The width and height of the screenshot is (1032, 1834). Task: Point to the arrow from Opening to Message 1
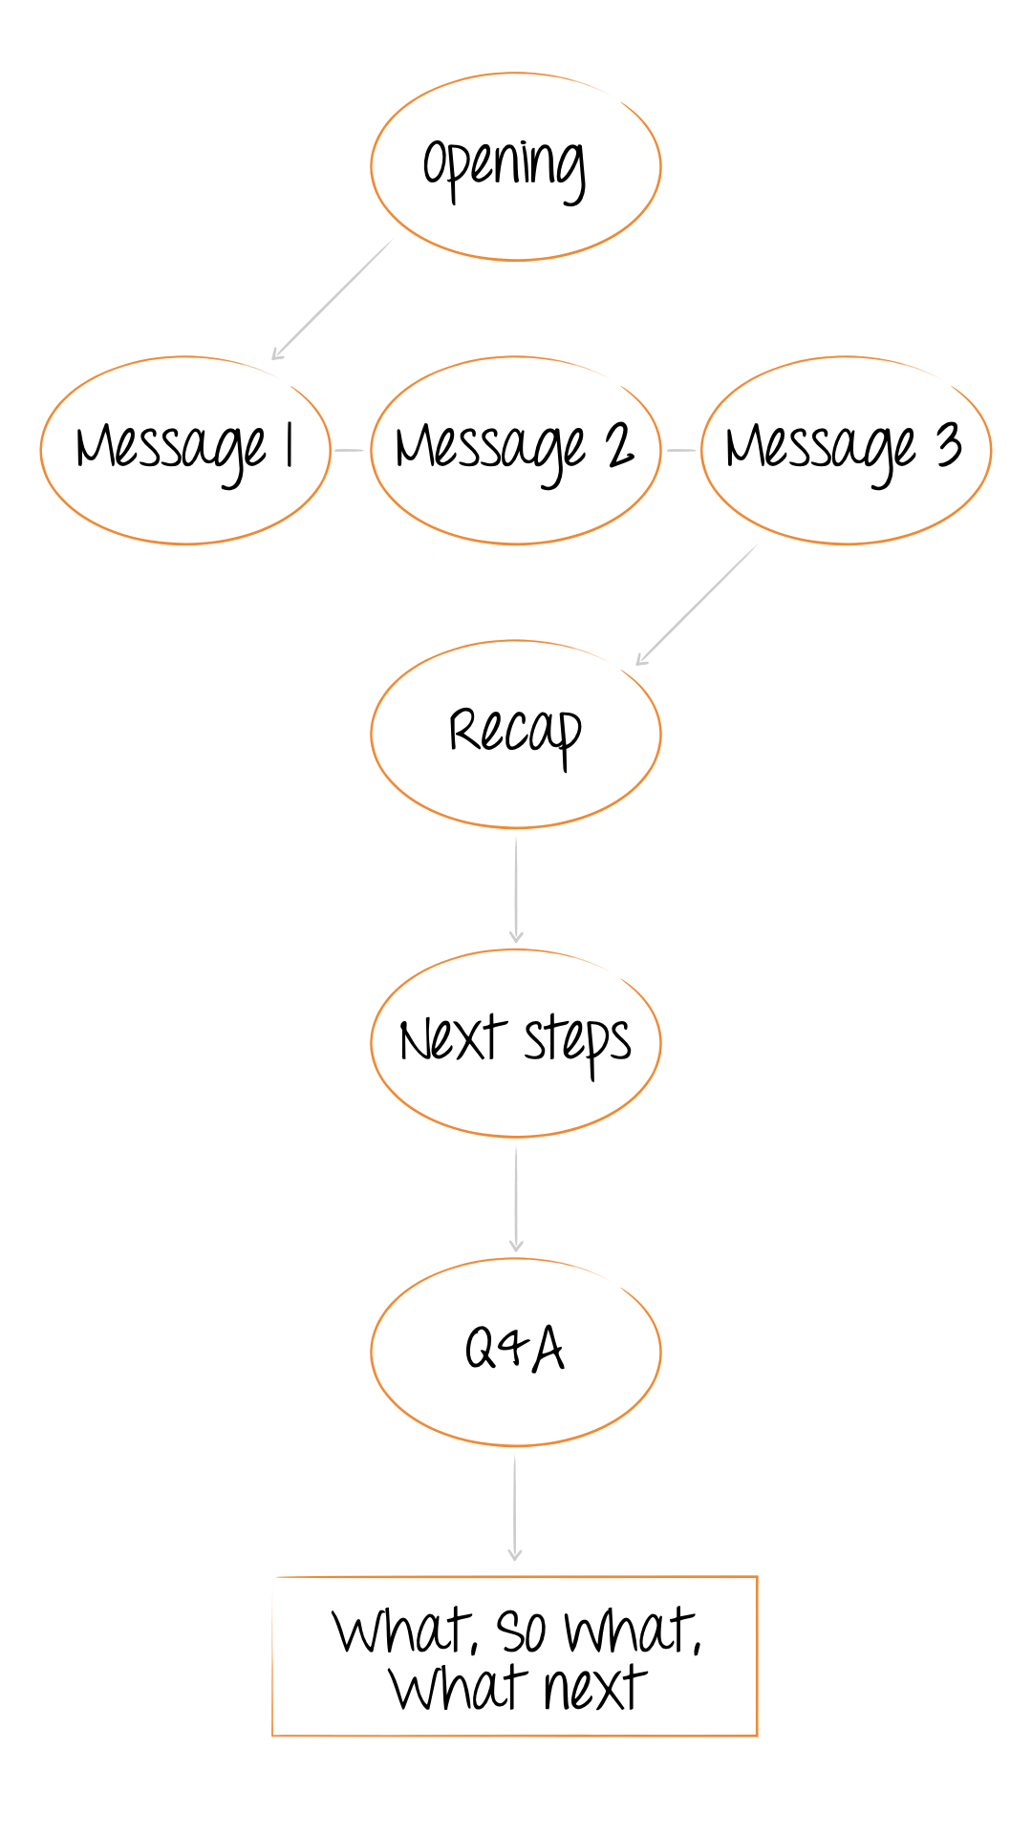[x=333, y=299]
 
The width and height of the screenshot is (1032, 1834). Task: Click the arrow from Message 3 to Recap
[x=697, y=605]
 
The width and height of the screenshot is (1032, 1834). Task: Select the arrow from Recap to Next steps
[x=516, y=890]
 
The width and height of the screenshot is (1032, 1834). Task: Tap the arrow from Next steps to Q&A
[x=516, y=1199]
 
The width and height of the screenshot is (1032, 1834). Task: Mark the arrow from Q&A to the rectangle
[x=515, y=1508]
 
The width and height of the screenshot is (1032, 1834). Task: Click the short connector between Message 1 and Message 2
[x=350, y=450]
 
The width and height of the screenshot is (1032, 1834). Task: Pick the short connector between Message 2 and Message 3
[x=681, y=450]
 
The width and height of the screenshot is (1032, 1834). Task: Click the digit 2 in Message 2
[x=620, y=445]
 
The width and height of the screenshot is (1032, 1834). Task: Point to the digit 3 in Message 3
[x=949, y=445]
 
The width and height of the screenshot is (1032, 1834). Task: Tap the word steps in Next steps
[x=577, y=1044]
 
